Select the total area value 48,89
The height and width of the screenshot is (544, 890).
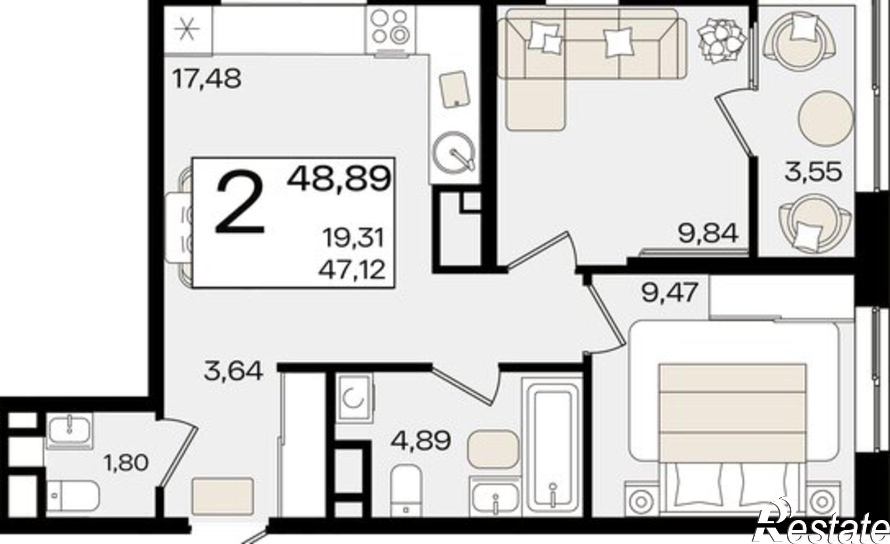point(339,178)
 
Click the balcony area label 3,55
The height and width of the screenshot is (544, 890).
point(813,172)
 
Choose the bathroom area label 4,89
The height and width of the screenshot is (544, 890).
point(421,441)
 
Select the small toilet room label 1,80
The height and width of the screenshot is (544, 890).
point(125,463)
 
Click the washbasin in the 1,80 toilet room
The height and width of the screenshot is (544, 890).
point(69,429)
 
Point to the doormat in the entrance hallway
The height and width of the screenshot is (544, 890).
point(222,494)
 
